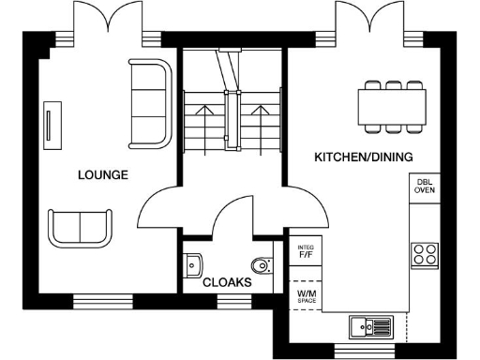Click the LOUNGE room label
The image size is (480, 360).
point(103,174)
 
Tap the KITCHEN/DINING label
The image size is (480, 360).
point(364,157)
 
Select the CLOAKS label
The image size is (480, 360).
point(227,280)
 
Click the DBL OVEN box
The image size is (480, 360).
point(426,187)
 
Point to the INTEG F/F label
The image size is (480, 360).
point(305,252)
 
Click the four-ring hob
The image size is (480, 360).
point(425,253)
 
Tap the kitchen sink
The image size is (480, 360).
point(371,325)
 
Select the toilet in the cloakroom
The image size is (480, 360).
point(262,263)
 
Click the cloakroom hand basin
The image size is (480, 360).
point(193,263)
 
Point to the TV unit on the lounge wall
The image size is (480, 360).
point(48,126)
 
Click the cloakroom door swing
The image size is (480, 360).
point(232,216)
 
